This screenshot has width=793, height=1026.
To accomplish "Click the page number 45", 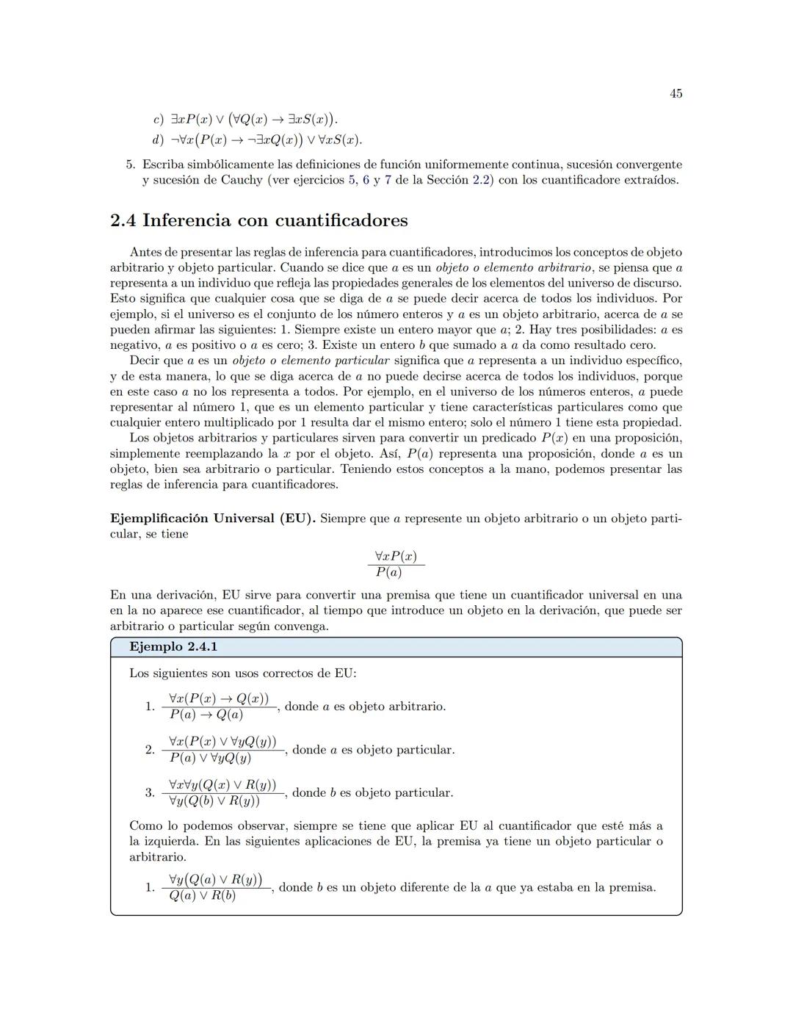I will pos(676,93).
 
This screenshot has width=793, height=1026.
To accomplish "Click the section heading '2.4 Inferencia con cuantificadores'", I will pos(258,220).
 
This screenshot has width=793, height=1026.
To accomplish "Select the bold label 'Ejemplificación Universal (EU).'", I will pos(213,519).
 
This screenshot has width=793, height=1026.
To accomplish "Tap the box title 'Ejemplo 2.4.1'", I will pos(173,647).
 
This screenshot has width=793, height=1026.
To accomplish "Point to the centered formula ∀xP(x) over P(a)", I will pos(396,564).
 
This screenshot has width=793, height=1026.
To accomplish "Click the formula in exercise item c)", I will pos(254,119).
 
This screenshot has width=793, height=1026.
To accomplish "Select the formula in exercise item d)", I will pos(267,140).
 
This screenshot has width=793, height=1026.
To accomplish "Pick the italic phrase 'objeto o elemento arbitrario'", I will pos(513,267).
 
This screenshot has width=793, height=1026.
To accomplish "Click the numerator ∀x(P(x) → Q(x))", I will pos(219,698).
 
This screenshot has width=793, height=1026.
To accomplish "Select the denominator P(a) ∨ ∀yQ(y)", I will pos(210,758).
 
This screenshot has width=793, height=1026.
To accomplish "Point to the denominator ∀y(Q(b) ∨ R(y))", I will pos(214,801).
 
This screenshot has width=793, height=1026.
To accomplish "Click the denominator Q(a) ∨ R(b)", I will pos(202,895).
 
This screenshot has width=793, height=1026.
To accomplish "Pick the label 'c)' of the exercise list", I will pos(157,119).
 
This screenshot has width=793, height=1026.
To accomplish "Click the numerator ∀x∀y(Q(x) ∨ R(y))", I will pos(222,785).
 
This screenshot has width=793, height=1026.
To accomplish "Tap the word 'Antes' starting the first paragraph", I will pos(145,252).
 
